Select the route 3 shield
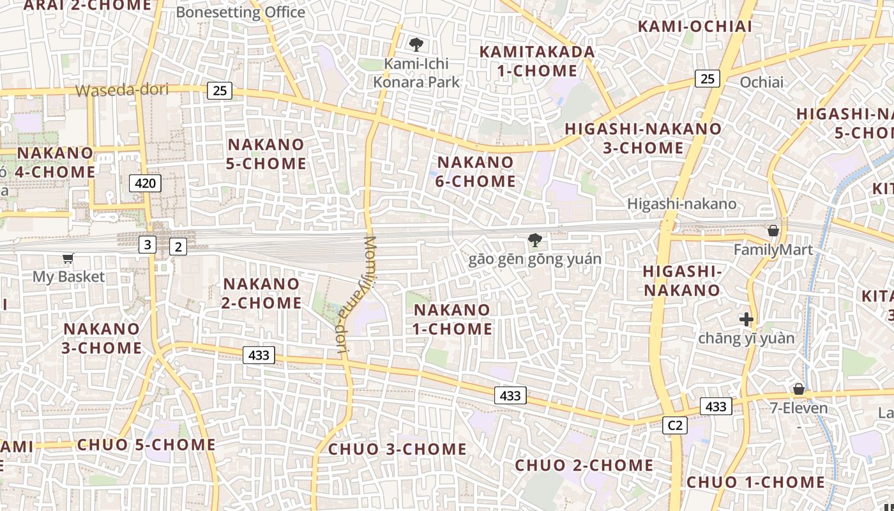coord(148,244)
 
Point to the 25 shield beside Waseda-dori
coord(219,91)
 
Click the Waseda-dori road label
coord(122,90)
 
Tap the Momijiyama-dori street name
coord(353,294)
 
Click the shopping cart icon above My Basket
coord(68,259)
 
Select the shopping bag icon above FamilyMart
coord(773,231)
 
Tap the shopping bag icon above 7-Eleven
coord(798,389)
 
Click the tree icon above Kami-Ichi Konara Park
coord(416,45)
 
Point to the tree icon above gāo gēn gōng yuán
coord(535,241)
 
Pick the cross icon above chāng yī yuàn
coord(746,319)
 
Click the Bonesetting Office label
coord(241,12)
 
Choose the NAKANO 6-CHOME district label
coord(475,172)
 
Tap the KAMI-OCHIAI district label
coord(695,26)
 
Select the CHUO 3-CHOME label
coord(397,449)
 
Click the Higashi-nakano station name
coord(681,204)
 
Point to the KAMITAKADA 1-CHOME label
coord(537,61)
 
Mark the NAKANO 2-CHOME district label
coord(261,293)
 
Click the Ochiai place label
coord(761,82)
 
